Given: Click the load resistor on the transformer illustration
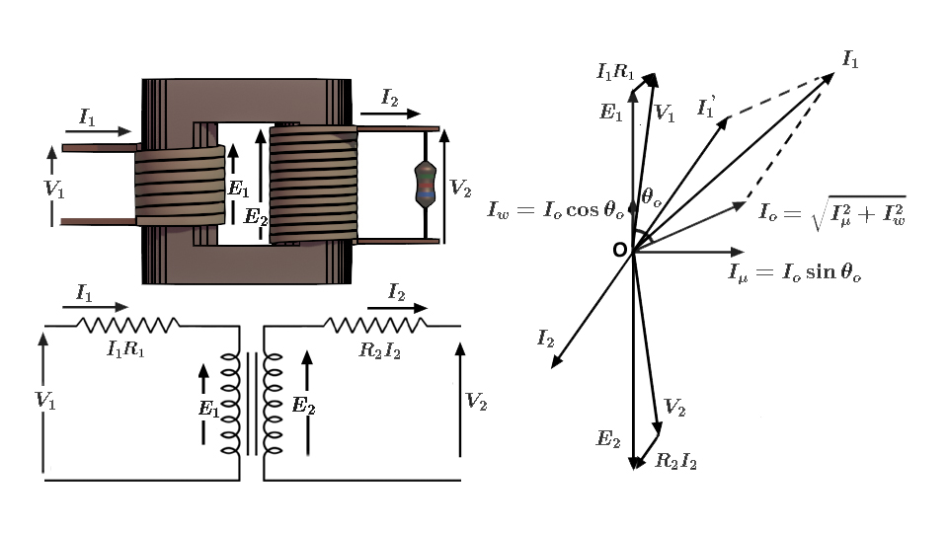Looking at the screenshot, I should (x=425, y=184).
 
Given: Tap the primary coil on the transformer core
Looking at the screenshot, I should (x=180, y=186).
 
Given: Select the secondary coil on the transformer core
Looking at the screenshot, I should (x=312, y=184).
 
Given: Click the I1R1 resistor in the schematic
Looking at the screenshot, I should (x=128, y=324).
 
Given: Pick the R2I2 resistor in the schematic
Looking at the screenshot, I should (x=375, y=324).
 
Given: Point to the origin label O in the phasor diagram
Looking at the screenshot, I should (x=619, y=250).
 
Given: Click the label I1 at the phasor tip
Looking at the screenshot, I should (x=849, y=59).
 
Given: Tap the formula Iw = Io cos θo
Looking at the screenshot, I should (x=556, y=209).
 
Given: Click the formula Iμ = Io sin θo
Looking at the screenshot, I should (x=795, y=272).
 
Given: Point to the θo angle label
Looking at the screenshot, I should (x=651, y=196).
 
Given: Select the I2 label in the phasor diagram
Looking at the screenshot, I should (x=545, y=338).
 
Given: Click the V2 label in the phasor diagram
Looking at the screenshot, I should (x=674, y=407).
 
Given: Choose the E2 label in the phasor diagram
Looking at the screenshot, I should (x=606, y=438).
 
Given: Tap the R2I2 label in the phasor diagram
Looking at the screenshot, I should (x=676, y=460).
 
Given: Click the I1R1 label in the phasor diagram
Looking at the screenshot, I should (x=615, y=70).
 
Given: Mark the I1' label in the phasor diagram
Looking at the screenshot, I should (x=706, y=107).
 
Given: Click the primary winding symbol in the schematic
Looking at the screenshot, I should (x=230, y=403).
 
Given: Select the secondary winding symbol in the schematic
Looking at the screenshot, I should (x=273, y=403).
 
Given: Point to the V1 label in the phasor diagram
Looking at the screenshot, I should (x=665, y=114).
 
